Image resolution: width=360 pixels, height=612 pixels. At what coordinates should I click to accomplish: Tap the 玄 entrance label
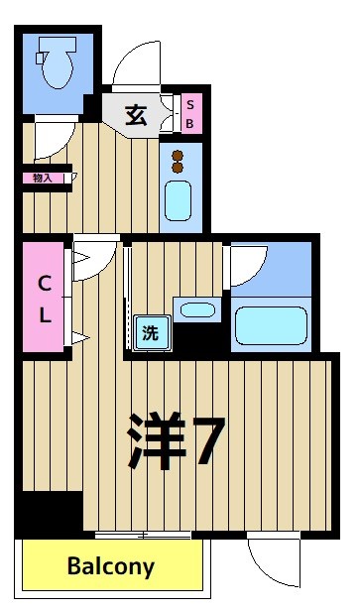coord(136,115)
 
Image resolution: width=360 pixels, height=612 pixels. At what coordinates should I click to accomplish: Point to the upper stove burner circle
coord(179,155)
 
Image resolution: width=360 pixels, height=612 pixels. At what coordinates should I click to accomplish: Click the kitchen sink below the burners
coord(179,200)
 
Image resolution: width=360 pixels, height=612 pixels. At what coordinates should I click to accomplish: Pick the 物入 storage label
coord(43,179)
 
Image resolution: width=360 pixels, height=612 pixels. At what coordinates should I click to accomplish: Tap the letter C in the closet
coord(44,284)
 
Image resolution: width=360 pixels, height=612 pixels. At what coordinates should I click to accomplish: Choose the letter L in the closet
coord(44,316)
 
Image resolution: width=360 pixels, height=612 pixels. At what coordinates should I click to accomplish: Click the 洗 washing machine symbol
coord(151,333)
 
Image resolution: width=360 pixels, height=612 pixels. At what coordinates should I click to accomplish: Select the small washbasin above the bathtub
coord(197,309)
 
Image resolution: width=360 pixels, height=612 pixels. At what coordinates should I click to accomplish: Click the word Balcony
coord(111,567)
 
